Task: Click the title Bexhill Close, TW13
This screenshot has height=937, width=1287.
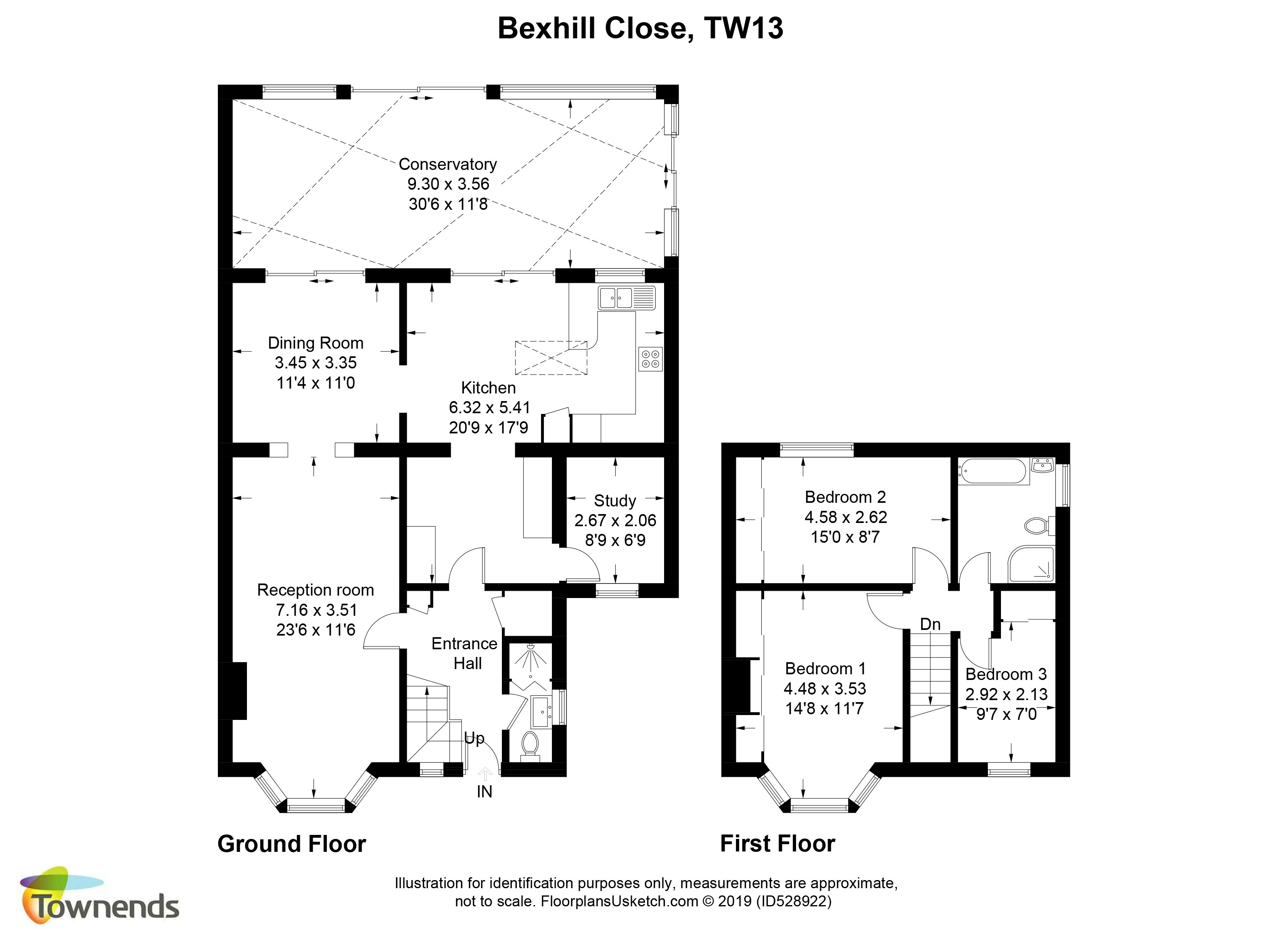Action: point(640,28)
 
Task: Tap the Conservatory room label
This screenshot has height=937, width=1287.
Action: point(448,164)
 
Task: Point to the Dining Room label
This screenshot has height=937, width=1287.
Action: point(315,343)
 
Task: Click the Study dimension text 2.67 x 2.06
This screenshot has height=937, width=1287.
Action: point(615,521)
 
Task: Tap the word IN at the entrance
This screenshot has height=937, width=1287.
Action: point(484,792)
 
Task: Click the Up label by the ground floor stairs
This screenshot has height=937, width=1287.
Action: point(474,738)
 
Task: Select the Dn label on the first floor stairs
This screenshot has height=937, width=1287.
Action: point(930,624)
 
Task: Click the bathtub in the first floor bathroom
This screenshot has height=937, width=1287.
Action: point(993,472)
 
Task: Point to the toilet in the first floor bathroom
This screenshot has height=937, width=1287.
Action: point(1040,525)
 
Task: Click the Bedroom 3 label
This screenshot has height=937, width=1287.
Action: point(1006,674)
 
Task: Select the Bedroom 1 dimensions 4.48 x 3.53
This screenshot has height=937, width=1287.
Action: point(825,688)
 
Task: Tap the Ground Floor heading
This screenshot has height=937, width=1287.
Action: point(292,844)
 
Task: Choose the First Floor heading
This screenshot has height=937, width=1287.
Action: point(777,844)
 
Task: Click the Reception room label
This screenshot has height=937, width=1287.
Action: point(315,590)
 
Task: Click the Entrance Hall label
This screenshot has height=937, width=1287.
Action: point(465,653)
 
